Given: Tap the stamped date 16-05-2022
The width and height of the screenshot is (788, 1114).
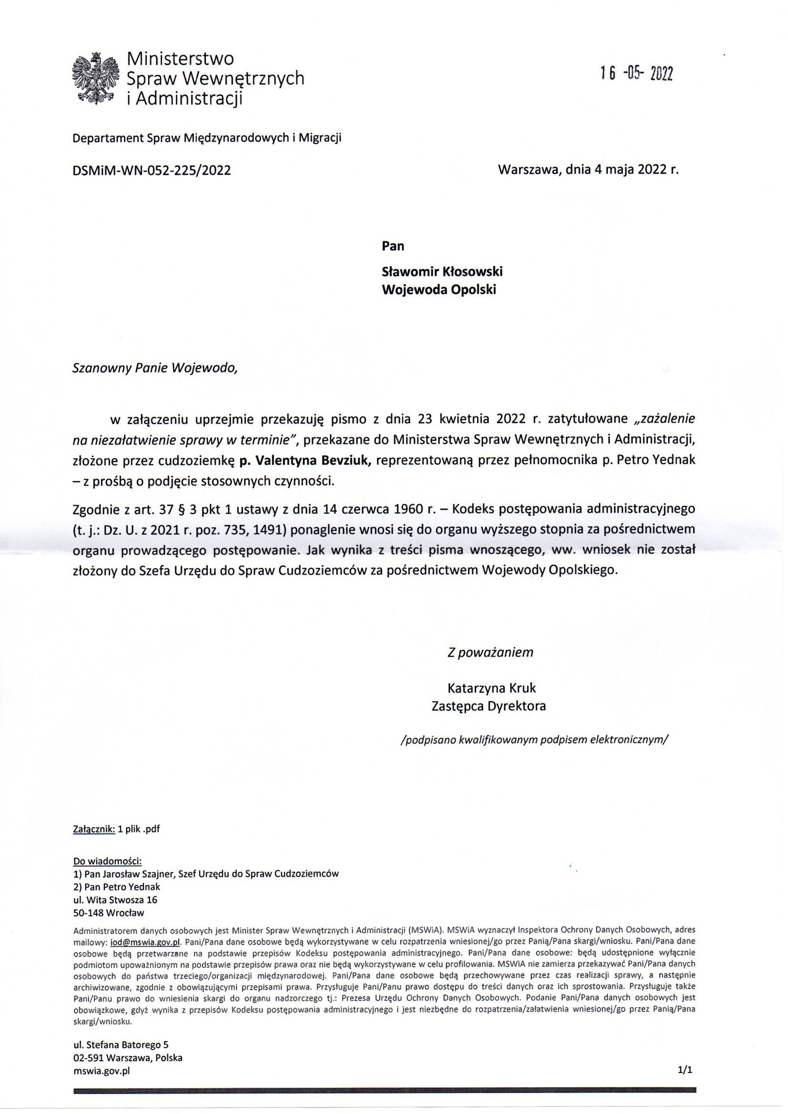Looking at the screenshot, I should click(x=636, y=74).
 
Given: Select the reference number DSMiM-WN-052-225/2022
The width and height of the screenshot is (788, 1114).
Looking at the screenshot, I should click(x=152, y=170).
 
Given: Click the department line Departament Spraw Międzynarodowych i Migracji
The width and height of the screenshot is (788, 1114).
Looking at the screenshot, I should click(x=207, y=138).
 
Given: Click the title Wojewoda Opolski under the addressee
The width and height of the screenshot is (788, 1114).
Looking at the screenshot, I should click(x=439, y=290).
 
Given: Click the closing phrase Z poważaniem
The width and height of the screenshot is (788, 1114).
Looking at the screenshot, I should click(x=490, y=652).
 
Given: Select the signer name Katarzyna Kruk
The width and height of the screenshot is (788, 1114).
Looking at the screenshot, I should click(x=491, y=688).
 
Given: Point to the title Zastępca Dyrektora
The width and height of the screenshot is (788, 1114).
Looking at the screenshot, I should click(x=489, y=706).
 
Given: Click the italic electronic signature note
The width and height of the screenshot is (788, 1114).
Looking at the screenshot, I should click(x=535, y=739).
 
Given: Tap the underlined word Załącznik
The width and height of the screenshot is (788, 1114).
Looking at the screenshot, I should click(x=94, y=829).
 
